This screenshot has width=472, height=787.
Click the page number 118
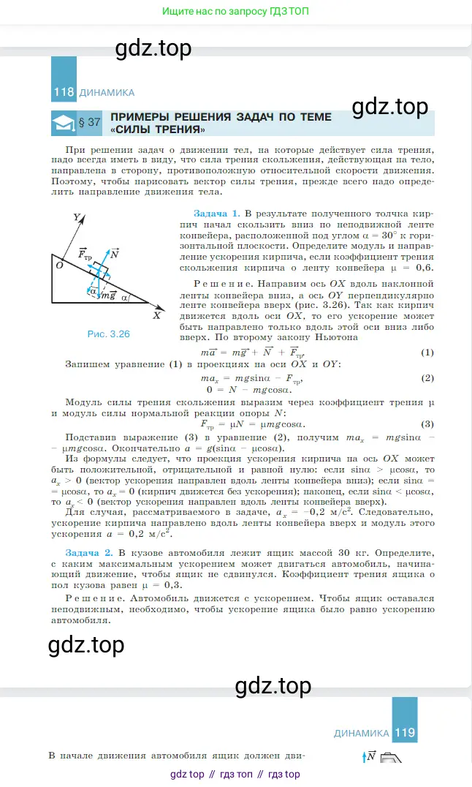64,93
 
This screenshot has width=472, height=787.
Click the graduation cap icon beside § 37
65,123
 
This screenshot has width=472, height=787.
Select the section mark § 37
94,123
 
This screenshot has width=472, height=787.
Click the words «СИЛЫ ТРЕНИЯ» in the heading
157,130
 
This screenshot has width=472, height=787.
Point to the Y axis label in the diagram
76,217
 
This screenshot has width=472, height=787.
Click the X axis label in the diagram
156,316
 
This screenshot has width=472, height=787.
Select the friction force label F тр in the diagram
85,254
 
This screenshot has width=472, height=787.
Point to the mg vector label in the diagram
108,295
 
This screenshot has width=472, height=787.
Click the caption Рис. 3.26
108,334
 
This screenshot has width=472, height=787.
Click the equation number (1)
428,353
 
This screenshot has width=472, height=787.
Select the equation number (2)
428,378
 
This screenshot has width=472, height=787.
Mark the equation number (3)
428,424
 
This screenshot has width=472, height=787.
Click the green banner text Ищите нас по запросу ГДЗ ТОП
235,12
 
